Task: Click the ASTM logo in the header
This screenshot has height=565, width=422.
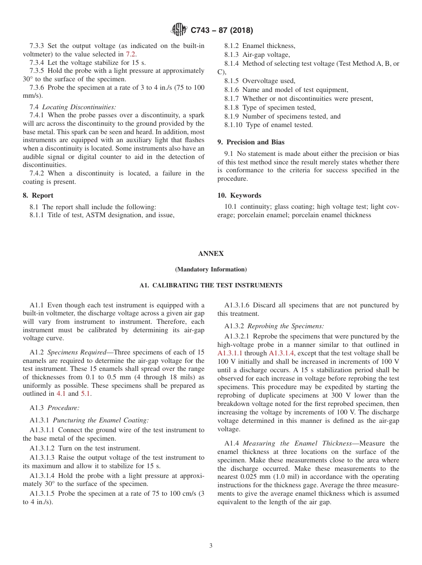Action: pyautogui.click(x=179, y=30)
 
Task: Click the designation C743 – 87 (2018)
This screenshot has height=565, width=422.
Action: pyautogui.click(x=222, y=31)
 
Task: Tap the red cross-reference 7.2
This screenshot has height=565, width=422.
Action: pyautogui.click(x=131, y=54)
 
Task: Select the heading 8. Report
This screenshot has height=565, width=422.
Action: pyautogui.click(x=38, y=195)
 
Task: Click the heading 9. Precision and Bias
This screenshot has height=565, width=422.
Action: pyautogui.click(x=251, y=142)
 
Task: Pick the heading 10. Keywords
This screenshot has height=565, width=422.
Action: pyautogui.click(x=239, y=195)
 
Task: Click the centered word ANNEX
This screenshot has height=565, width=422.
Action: pyautogui.click(x=211, y=254)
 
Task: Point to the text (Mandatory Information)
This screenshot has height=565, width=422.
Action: pyautogui.click(x=211, y=270)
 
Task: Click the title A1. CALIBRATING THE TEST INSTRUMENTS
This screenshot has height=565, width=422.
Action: pyautogui.click(x=211, y=285)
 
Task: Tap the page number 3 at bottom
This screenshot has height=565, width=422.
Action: pyautogui.click(x=211, y=546)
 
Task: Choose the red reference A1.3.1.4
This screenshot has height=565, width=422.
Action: pyautogui.click(x=285, y=353)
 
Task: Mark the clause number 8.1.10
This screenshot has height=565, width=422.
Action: pyautogui.click(x=234, y=125)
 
